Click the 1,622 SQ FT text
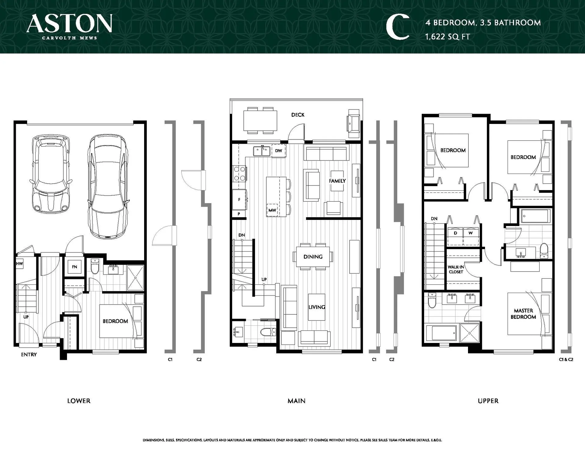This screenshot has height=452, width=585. pos(448,37)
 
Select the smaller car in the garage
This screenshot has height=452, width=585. pos(51,174)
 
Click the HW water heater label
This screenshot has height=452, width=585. pos(19,264)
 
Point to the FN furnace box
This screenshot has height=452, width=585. pos(75,267)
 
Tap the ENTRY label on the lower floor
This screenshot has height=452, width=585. pos(29,355)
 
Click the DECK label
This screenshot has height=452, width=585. pos(298,115)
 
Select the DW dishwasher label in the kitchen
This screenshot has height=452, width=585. pos(278,151)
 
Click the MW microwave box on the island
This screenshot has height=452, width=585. pos(272,210)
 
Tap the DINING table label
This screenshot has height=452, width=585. pos(313,257)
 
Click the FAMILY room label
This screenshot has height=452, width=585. pos(337,181)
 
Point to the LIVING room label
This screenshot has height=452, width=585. pos(317,307)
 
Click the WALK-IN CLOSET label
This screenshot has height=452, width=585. pos(456,270)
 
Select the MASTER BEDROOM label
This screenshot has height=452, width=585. pos(523,314)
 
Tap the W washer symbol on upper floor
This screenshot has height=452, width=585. pos(470,233)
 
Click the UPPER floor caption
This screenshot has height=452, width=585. pos(488,401)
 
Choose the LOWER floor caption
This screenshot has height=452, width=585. pos(79,401)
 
